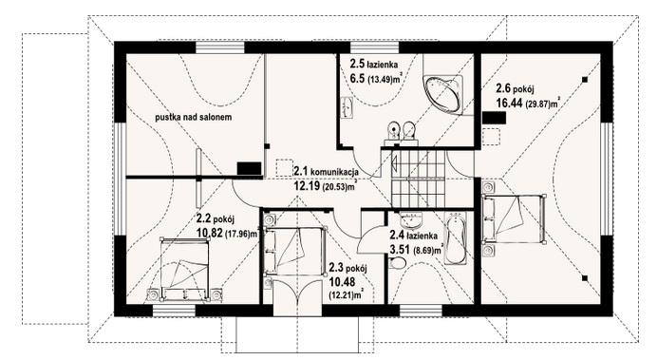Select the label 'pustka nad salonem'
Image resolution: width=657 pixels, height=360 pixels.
196,117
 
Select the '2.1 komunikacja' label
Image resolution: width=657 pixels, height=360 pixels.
320,173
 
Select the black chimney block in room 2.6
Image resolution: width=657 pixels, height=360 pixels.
493,118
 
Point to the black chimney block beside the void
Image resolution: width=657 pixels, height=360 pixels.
249,169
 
